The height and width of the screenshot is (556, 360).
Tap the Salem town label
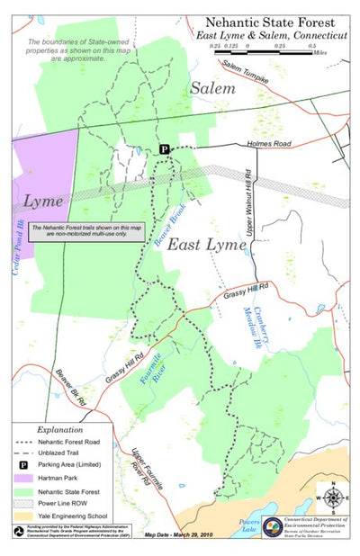tap(211, 88)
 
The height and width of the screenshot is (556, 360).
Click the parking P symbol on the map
tap(165, 148)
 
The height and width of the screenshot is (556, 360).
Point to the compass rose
tap(332, 498)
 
